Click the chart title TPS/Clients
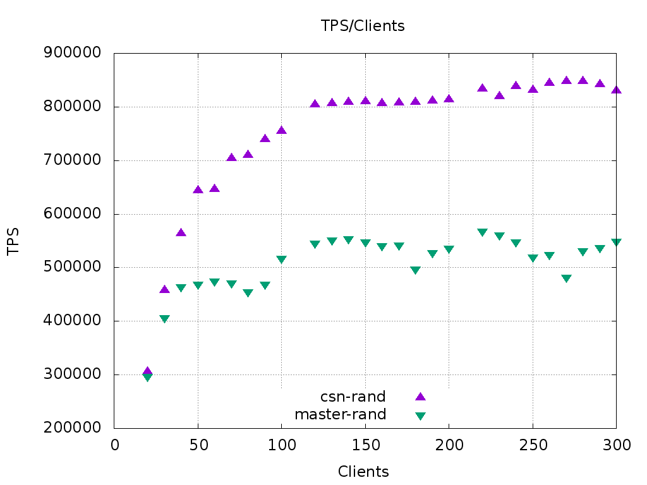(363, 26)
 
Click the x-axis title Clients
(363, 472)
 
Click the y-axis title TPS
(13, 241)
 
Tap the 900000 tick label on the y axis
(72, 53)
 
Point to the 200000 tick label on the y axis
(72, 428)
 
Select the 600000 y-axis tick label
(72, 214)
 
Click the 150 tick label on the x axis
(365, 445)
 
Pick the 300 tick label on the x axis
(616, 445)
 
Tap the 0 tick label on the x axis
(114, 445)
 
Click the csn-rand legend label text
(353, 397)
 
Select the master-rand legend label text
(340, 414)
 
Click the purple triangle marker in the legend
(420, 397)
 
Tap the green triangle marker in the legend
(420, 416)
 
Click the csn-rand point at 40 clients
(181, 232)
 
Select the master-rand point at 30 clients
(164, 319)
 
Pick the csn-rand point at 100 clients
(281, 130)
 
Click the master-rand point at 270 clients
(566, 278)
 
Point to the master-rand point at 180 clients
(415, 270)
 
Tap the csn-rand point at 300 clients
(616, 90)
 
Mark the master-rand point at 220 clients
(482, 232)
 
